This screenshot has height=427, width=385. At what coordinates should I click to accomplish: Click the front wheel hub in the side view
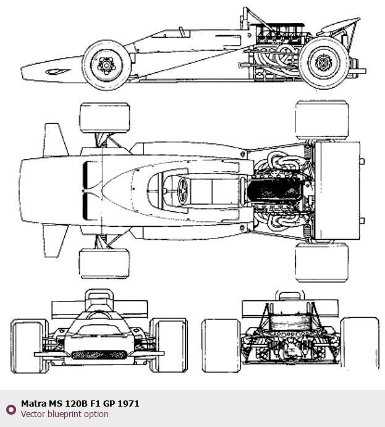[x=106, y=65]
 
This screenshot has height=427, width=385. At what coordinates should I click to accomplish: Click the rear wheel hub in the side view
[x=323, y=62]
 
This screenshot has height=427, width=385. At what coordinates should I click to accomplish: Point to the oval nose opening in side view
[x=57, y=72]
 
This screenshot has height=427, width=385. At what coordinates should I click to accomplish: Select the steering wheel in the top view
[x=182, y=190]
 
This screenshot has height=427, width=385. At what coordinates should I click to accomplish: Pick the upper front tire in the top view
[x=104, y=118]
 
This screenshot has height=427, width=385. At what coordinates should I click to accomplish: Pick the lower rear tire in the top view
[x=322, y=262]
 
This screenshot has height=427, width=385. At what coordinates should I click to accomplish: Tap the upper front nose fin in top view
[x=55, y=140]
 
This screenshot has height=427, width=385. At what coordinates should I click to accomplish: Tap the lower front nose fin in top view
[x=55, y=241]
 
